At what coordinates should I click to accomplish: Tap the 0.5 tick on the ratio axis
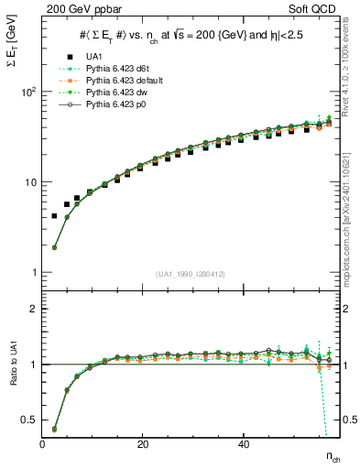point(29,420)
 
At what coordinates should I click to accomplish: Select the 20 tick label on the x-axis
point(143,443)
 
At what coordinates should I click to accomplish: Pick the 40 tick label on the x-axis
point(243,443)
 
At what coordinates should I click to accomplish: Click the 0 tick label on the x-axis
point(43,443)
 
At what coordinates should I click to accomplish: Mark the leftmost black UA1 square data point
point(54,216)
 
